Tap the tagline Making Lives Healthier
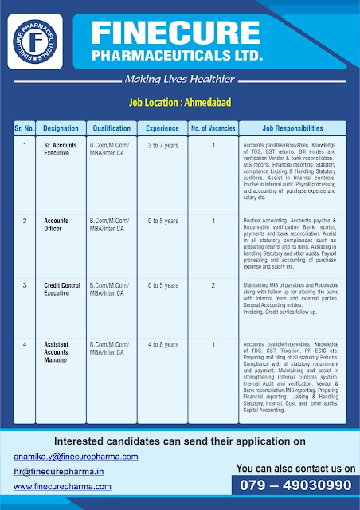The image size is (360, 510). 180,79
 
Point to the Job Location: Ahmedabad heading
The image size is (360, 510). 180,103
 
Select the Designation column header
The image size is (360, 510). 61,127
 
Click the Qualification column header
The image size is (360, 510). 112,127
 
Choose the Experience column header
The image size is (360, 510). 162,127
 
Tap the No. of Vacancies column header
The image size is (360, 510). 213,127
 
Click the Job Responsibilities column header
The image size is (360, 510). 292,127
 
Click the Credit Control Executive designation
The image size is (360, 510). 62,288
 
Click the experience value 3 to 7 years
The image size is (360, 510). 162,145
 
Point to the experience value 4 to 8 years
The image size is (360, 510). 162,344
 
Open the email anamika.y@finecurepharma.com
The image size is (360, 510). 76,457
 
